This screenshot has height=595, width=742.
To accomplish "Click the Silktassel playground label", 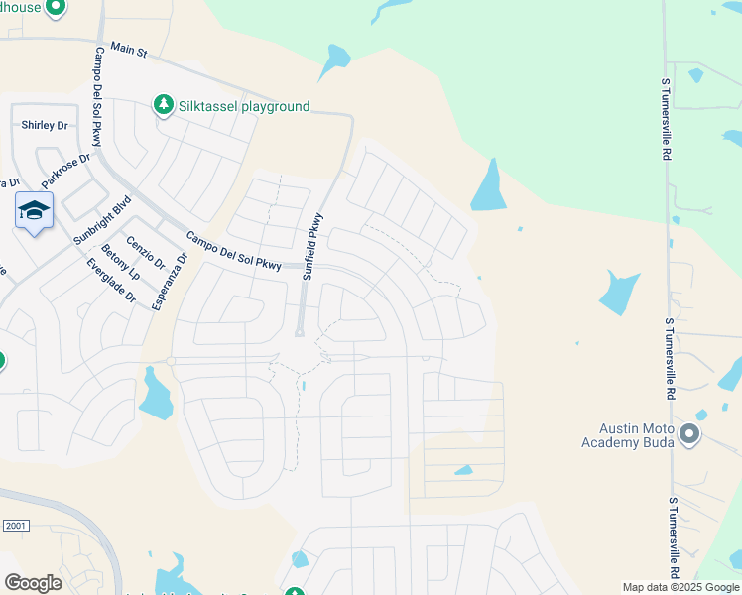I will pyautogui.click(x=243, y=106).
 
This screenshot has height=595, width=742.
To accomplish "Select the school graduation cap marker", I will pyautogui.click(x=34, y=212).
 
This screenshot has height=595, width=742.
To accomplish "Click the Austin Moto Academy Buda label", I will pyautogui.click(x=629, y=435).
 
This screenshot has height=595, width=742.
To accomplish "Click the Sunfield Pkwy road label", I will pyautogui.click(x=312, y=246).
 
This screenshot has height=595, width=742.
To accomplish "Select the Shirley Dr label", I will pyautogui.click(x=45, y=126).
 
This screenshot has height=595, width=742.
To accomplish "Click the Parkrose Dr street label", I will pyautogui.click(x=66, y=171).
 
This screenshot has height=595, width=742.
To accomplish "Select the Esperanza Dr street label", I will pyautogui.click(x=169, y=282).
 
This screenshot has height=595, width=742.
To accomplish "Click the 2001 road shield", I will pyautogui.click(x=15, y=525).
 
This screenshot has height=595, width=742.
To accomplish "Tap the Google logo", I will pyautogui.click(x=33, y=583).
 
